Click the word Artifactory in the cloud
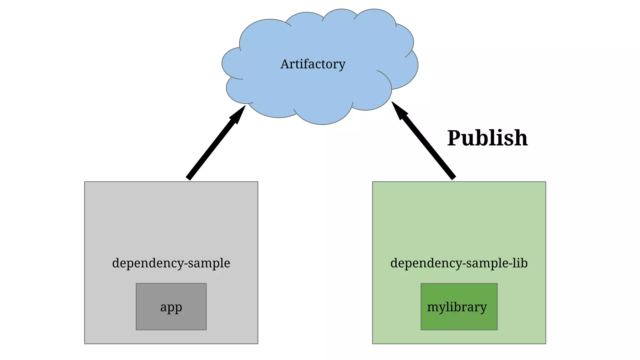pos(313,64)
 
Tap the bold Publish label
pos(487,138)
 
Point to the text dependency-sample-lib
pos(459,263)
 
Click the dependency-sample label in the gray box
pos(171,263)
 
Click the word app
pos(171,307)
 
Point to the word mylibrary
pos(457,307)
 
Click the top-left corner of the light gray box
pos(85,182)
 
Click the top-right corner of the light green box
pos(546,182)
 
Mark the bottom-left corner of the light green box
pos(373,343)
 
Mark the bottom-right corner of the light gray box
pos(257,343)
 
